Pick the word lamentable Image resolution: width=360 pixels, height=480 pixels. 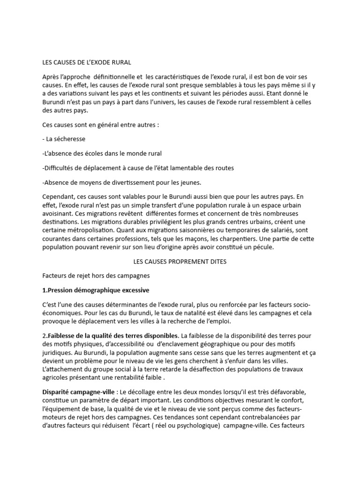click(181, 168)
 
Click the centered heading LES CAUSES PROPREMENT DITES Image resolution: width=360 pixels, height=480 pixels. click(177, 262)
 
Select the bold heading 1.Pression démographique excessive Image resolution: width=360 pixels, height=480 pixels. click(96, 291)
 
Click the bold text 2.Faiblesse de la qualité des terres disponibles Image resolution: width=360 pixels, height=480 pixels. click(110, 336)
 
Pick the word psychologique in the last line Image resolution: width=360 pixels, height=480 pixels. click(197, 426)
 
